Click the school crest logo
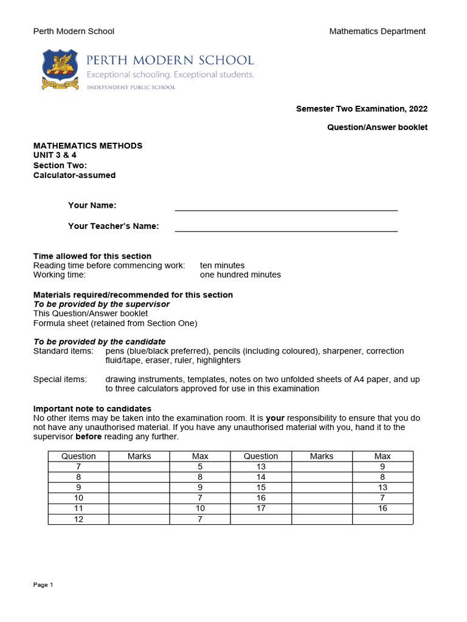(x=60, y=69)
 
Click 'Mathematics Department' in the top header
(x=377, y=32)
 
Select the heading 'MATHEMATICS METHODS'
(x=88, y=146)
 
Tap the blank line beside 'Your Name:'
(x=286, y=207)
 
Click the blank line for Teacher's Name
(x=286, y=227)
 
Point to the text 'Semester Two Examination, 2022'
(x=361, y=109)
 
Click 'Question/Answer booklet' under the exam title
(x=377, y=128)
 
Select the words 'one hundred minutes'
(x=240, y=275)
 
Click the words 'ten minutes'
(x=222, y=265)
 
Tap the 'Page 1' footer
(x=43, y=585)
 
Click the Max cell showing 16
(x=382, y=508)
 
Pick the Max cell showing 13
(x=382, y=488)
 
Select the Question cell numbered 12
(x=78, y=519)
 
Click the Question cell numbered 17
(x=261, y=508)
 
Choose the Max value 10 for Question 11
(x=200, y=508)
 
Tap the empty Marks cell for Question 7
(x=139, y=466)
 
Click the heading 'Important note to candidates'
(x=92, y=409)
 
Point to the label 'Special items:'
(x=60, y=380)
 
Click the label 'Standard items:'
(x=63, y=351)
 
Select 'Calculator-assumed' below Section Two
(x=74, y=176)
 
